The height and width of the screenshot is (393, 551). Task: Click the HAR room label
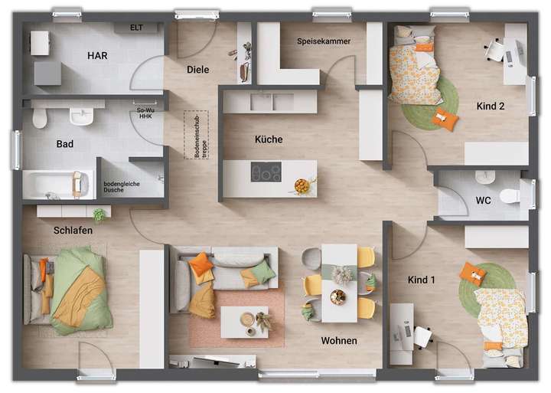(97, 55)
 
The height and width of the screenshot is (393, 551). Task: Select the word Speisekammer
(324, 41)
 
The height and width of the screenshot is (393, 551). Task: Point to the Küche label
(269, 139)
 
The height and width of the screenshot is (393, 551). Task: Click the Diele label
(197, 70)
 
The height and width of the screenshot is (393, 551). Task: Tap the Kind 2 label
(491, 106)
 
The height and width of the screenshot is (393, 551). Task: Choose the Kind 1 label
(421, 280)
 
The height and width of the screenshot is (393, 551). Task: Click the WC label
(484, 201)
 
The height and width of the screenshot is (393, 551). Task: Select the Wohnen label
(339, 340)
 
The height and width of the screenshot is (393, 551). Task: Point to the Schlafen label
(73, 230)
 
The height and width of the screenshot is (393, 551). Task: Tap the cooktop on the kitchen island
(266, 173)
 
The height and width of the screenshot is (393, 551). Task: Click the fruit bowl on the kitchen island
(303, 185)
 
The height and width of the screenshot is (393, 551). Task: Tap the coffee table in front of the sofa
(245, 321)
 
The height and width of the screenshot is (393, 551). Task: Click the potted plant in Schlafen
(98, 215)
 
